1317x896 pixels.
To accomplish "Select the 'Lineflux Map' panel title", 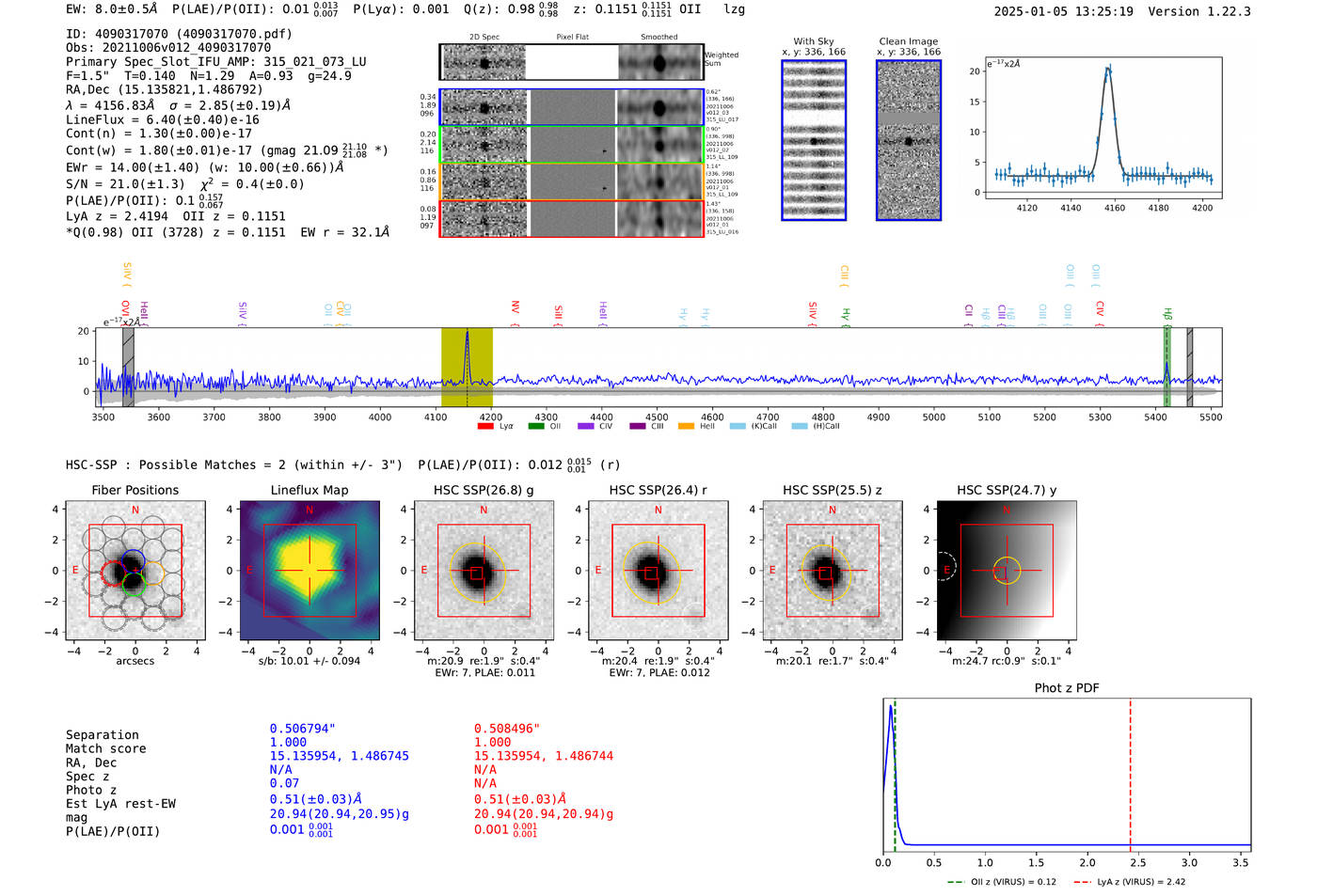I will (x=309, y=490).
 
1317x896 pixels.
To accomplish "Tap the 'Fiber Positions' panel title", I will (x=135, y=490).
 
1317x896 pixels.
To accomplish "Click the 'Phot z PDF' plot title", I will (x=1067, y=688).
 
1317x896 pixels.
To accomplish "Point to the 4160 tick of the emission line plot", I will (x=1114, y=208).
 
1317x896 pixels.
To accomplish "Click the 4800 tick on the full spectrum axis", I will (x=823, y=417).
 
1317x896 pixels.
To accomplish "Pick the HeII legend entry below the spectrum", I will (x=697, y=427).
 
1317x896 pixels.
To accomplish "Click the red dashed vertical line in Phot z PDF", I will (x=1130, y=771).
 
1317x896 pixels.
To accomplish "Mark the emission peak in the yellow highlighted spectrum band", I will (x=467, y=334).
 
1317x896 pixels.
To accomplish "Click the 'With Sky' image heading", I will (x=814, y=41).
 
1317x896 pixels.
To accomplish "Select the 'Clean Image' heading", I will (x=908, y=41).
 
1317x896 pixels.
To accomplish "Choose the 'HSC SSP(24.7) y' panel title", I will (x=1007, y=490).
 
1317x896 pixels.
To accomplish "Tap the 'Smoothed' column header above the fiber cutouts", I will (x=658, y=38).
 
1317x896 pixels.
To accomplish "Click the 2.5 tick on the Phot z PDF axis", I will (x=1138, y=862).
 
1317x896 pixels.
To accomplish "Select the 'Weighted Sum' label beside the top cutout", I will (x=721, y=59).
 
